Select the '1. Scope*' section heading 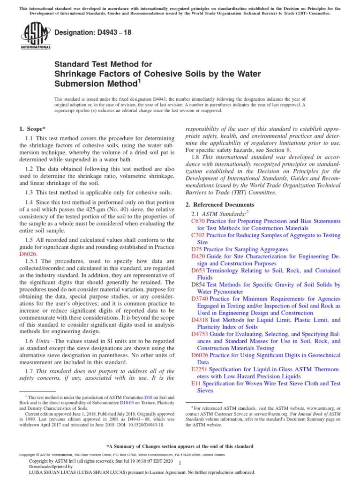[x=33, y=128]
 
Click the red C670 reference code [x=198, y=221]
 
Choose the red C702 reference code [x=198, y=235]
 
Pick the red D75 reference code [x=196, y=249]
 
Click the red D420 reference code [x=198, y=256]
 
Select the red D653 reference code [x=198, y=270]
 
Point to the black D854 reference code [x=198, y=285]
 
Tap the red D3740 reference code [x=200, y=299]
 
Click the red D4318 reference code [x=200, y=320]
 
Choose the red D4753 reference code [x=200, y=334]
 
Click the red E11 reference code [x=196, y=383]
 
